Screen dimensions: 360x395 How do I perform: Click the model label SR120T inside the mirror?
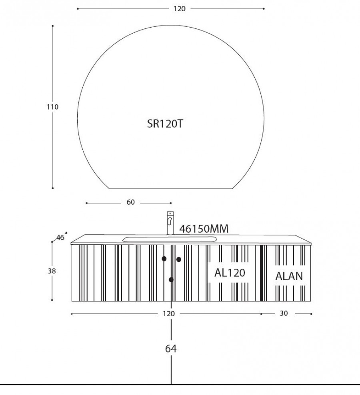click(165, 124)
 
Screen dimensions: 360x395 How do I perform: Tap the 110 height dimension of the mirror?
click(52, 107)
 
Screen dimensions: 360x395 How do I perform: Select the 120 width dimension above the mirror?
click(180, 9)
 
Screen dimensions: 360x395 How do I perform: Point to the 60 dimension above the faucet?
click(130, 202)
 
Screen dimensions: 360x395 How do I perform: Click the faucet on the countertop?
click(170, 223)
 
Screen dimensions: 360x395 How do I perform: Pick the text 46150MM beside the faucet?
click(204, 229)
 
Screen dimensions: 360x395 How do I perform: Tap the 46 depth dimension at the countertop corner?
click(60, 237)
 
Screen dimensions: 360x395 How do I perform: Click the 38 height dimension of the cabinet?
click(52, 271)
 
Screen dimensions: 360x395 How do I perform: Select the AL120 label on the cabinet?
click(230, 273)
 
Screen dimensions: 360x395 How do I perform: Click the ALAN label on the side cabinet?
click(289, 276)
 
